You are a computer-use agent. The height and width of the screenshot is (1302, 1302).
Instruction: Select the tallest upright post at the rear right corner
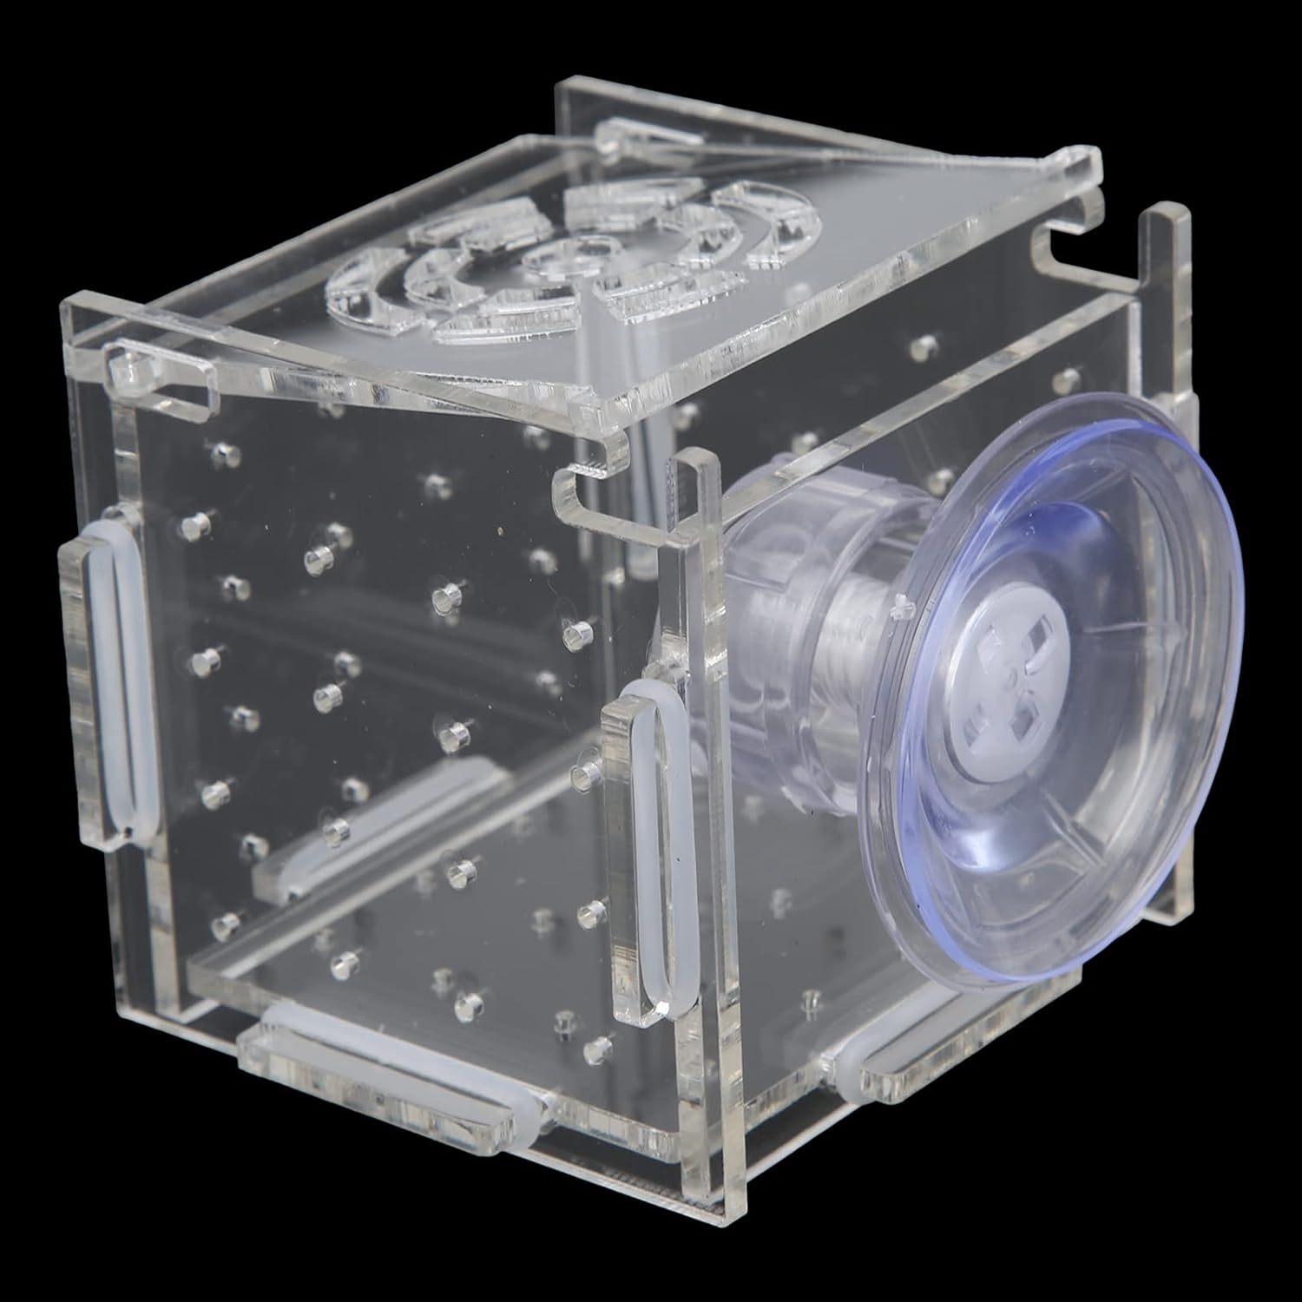[x=1167, y=260]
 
